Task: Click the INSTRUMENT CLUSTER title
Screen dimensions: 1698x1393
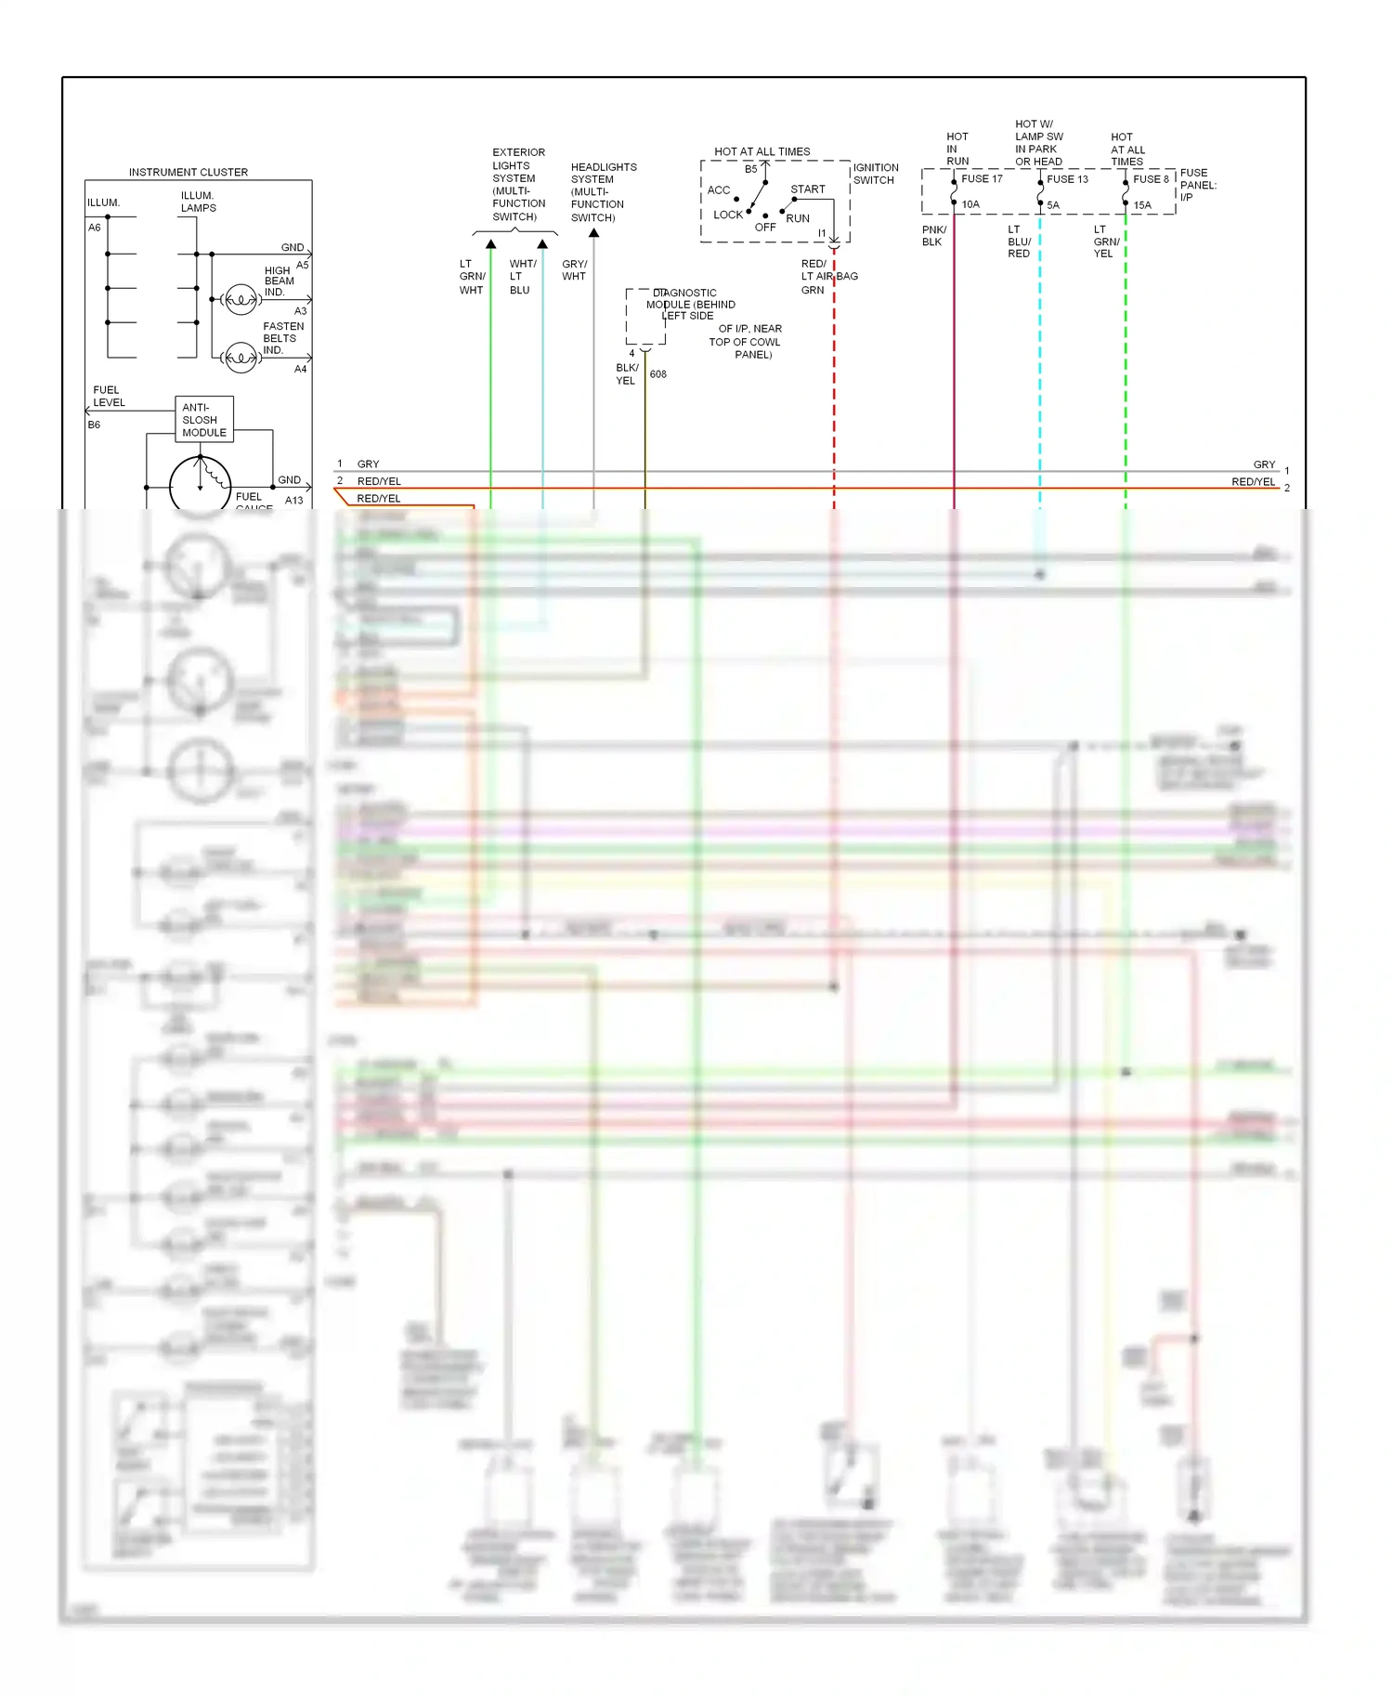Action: (189, 172)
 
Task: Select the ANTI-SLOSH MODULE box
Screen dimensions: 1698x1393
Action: (204, 419)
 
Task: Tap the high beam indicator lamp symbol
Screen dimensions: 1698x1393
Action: (241, 300)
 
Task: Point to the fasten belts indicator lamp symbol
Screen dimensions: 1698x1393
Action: (241, 358)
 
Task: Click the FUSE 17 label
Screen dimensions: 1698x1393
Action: (982, 178)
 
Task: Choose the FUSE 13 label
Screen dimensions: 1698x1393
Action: (1067, 178)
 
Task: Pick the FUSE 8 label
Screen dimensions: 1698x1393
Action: (1151, 178)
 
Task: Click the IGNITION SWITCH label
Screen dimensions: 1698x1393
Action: (875, 174)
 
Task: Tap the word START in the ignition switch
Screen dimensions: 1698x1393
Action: (807, 189)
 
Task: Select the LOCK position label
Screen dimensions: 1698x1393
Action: (727, 215)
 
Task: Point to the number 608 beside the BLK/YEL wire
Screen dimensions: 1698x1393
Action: (657, 374)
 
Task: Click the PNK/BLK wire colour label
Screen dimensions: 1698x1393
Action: (933, 236)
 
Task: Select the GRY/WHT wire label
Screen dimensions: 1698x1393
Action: (574, 270)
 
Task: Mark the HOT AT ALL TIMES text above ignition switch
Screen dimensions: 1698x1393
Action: (762, 151)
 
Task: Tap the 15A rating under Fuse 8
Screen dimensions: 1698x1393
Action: (1141, 205)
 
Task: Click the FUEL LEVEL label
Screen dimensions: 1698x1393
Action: (108, 397)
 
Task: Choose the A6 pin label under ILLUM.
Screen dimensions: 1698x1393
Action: (94, 228)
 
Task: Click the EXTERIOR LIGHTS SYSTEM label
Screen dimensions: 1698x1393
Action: (518, 184)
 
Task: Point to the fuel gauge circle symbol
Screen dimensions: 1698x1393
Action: (201, 485)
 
